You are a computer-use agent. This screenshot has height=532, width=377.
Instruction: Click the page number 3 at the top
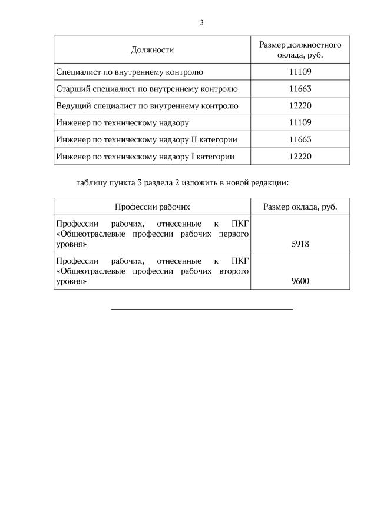pyautogui.click(x=201, y=23)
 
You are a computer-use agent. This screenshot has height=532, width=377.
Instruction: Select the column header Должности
pyautogui.click(x=153, y=50)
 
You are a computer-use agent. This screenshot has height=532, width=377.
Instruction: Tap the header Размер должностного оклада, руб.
pyautogui.click(x=300, y=50)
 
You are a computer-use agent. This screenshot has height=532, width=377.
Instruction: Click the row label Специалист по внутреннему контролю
pyautogui.click(x=130, y=72)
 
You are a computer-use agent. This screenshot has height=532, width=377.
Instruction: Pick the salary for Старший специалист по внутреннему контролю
pyautogui.click(x=300, y=89)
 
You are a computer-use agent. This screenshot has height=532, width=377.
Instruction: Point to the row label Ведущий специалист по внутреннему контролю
pyautogui.click(x=147, y=106)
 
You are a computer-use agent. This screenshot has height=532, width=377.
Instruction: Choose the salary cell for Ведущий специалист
pyautogui.click(x=300, y=106)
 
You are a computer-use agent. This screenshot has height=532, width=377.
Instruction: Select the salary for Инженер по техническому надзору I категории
pyautogui.click(x=300, y=157)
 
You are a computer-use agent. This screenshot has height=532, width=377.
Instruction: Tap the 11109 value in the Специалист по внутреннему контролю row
pyautogui.click(x=300, y=72)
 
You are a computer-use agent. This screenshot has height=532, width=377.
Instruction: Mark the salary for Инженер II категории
pyautogui.click(x=300, y=140)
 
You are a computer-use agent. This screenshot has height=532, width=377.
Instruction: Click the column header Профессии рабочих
pyautogui.click(x=153, y=207)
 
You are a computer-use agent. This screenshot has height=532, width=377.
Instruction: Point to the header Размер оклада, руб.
pyautogui.click(x=300, y=207)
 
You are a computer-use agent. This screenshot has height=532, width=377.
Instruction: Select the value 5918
pyautogui.click(x=300, y=244)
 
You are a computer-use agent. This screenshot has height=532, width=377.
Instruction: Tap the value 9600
pyautogui.click(x=300, y=281)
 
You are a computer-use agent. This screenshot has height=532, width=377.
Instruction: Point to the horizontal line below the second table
pyautogui.click(x=201, y=308)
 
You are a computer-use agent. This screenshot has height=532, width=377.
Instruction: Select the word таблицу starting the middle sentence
pyautogui.click(x=92, y=182)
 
